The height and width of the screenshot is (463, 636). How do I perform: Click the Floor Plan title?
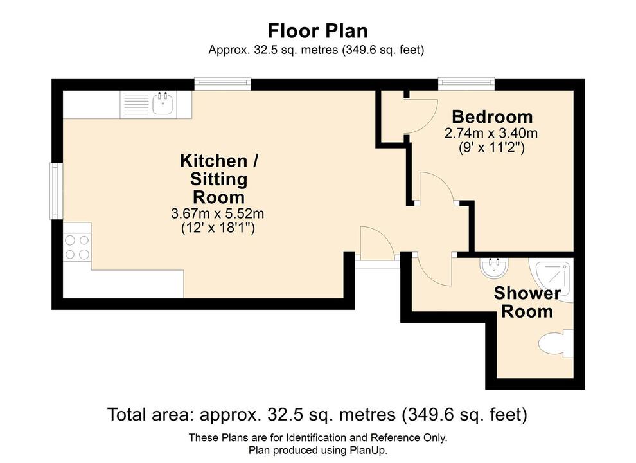pos(317,31)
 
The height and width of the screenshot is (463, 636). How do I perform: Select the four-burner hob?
pos(76,247)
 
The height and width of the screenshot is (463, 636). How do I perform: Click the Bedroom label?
pos(492,117)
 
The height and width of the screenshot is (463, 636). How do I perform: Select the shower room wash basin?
pos(493,268)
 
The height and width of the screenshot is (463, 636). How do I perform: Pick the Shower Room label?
pos(527,303)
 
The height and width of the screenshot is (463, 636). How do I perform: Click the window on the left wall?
pos(55,191)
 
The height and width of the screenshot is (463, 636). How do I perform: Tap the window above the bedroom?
pos(466,82)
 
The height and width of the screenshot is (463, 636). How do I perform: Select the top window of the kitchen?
pos(222,82)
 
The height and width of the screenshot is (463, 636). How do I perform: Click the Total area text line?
pos(317,415)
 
